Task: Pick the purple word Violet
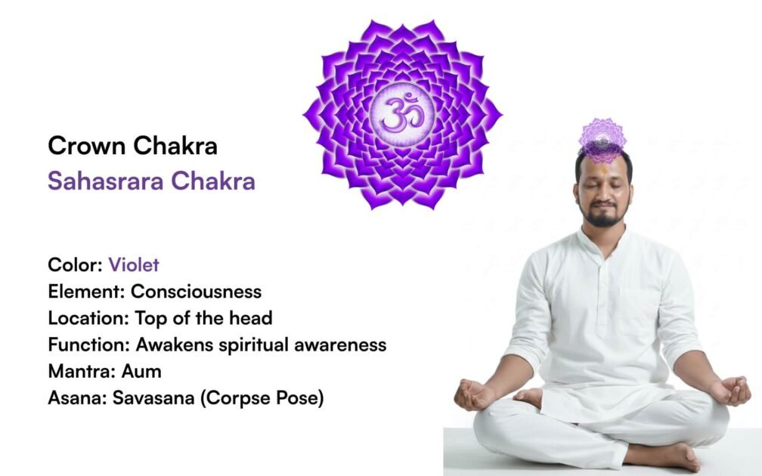coord(134,265)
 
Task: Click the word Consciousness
coord(197,292)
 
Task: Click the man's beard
coord(603,218)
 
